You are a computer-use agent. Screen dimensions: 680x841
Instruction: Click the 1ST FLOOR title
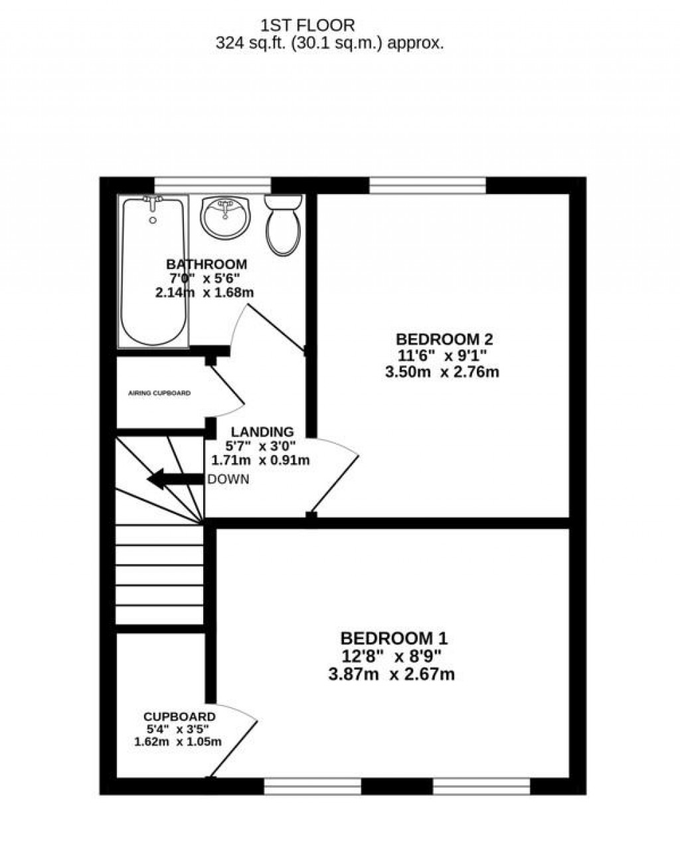tap(307, 26)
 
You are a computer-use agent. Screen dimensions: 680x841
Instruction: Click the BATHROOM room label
tap(207, 264)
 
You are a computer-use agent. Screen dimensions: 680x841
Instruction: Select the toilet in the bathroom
tap(283, 225)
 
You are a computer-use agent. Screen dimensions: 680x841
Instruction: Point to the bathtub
tap(153, 272)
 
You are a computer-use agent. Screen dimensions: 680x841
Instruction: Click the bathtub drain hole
tap(153, 220)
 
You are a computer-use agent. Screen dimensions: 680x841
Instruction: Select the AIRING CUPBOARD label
tap(159, 393)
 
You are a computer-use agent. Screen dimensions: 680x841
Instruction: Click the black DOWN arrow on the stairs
tap(175, 479)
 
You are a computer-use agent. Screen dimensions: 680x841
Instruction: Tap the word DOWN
tap(228, 480)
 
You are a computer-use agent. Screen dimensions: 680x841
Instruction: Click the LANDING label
tap(262, 432)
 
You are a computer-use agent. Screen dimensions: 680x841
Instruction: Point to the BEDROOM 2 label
tap(444, 339)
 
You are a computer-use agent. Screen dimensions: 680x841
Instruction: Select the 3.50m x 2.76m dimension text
tap(442, 372)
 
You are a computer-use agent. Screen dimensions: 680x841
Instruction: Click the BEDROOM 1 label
tap(394, 638)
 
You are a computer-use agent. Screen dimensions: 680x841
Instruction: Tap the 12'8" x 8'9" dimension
tap(391, 656)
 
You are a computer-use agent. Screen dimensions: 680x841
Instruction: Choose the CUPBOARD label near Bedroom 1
tap(179, 717)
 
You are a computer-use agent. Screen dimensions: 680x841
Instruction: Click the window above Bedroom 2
tap(428, 185)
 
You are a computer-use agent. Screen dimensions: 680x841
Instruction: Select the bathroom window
tap(212, 185)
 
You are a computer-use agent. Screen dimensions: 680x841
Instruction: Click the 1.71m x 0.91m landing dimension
tap(260, 460)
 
